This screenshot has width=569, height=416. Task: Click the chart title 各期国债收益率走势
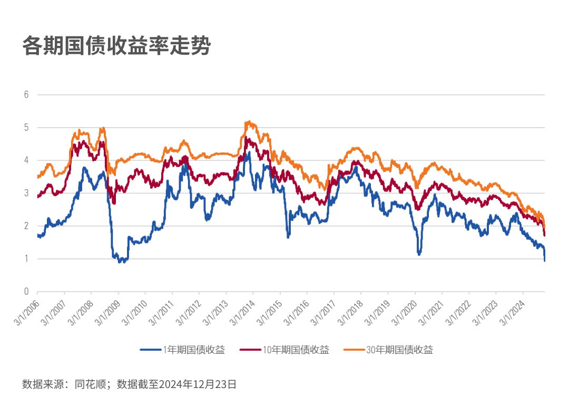116,46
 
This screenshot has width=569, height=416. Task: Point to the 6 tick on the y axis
26,95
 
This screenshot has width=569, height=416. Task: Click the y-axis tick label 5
26,128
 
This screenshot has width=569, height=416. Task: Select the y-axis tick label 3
26,193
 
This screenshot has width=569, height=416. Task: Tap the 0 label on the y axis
26,291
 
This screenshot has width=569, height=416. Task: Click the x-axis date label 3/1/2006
25,310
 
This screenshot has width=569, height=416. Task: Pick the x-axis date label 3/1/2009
106,310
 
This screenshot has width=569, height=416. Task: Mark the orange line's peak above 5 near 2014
248,122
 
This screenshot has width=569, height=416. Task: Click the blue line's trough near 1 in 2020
419,254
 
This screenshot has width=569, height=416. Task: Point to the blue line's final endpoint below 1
544,260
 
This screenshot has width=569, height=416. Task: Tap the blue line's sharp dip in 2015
288,237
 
